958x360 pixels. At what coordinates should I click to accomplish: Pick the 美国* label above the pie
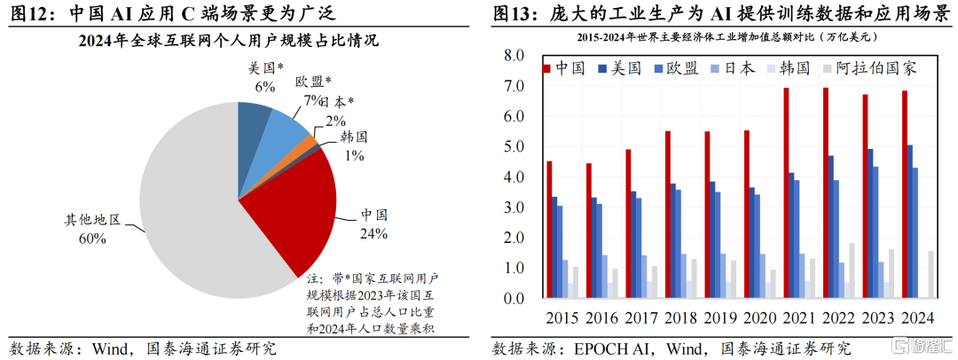(x=263, y=68)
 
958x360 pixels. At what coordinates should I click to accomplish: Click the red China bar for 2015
(x=550, y=230)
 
